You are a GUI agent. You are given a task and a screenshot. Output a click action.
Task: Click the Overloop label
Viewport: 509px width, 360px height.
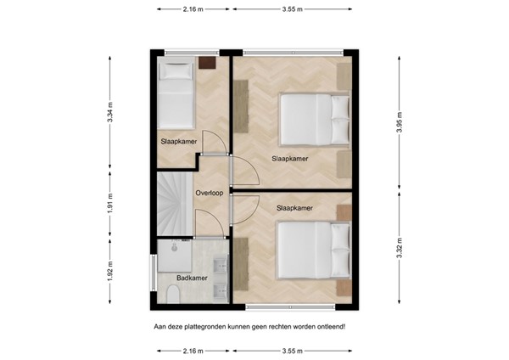tap(210, 193)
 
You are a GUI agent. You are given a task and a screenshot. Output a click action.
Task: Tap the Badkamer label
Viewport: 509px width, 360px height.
tap(192, 278)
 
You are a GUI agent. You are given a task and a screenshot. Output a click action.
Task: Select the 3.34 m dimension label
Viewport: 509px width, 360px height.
tap(110, 112)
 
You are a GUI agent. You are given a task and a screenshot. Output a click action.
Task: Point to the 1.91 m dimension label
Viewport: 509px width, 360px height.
tap(110, 204)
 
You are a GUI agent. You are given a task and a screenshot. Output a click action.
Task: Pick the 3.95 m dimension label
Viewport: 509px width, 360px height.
tap(400, 122)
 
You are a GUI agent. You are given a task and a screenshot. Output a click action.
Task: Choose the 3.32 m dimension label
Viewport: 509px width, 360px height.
tap(400, 248)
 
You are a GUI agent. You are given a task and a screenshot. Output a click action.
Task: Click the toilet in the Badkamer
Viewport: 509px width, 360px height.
tap(173, 295)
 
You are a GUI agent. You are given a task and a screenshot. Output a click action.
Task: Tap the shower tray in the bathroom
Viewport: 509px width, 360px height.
tap(175, 256)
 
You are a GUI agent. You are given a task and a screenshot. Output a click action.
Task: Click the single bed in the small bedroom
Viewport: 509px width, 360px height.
tap(176, 95)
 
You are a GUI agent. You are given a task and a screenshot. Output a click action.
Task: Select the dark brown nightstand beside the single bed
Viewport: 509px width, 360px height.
tap(207, 63)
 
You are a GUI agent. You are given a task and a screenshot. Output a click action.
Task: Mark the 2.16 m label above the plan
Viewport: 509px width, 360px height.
tap(193, 9)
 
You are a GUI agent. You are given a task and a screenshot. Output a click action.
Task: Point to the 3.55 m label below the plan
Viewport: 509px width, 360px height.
tap(293, 351)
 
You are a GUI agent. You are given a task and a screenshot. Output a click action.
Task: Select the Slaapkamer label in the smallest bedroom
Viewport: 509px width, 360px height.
tap(179, 142)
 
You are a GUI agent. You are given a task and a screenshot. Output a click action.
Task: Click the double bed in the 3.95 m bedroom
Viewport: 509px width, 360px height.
tap(315, 120)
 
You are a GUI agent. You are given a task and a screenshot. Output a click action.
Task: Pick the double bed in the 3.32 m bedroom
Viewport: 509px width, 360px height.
tap(314, 250)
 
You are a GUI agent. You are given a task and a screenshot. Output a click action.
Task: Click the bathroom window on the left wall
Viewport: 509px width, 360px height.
tap(154, 273)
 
